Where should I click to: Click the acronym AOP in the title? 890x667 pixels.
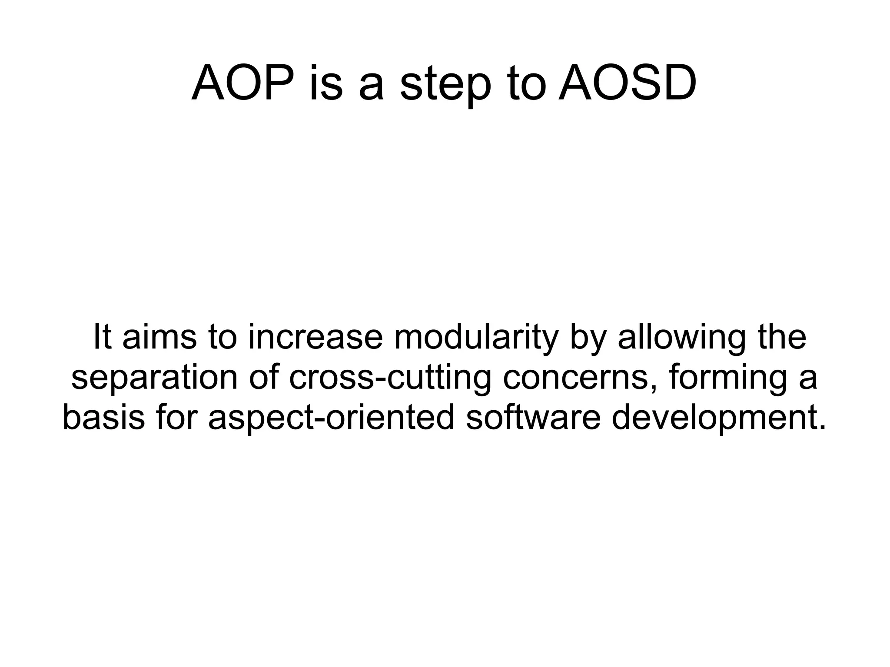[242, 83]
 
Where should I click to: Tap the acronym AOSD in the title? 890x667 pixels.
[628, 83]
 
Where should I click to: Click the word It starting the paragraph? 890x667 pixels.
[103, 337]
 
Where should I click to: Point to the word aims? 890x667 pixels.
[159, 337]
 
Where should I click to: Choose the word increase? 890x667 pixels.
[315, 337]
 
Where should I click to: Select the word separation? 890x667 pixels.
[154, 378]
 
